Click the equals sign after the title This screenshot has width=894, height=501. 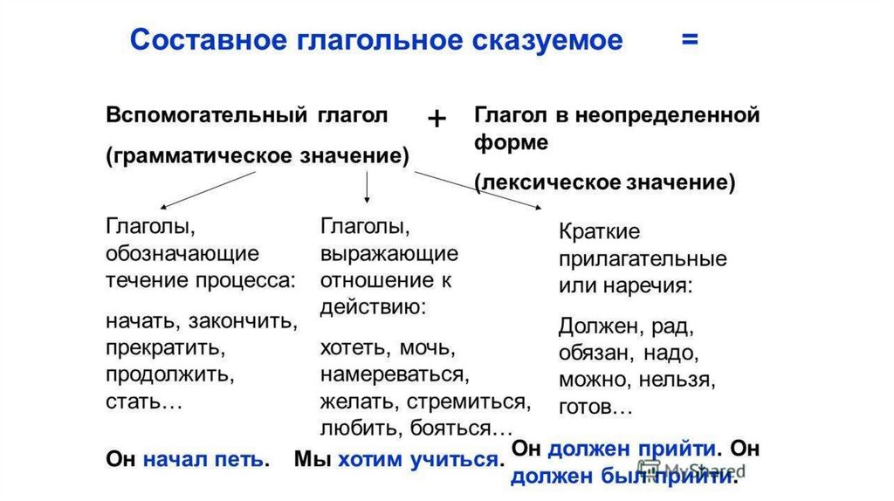[x=689, y=40]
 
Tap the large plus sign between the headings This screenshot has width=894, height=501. [x=437, y=120]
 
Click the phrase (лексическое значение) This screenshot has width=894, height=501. [x=605, y=182]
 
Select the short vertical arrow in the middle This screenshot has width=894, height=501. [x=367, y=186]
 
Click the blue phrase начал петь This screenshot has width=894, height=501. [x=205, y=459]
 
